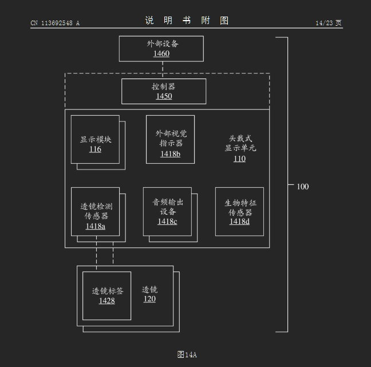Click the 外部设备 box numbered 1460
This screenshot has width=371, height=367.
(x=161, y=49)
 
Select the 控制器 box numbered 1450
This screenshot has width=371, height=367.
(x=164, y=91)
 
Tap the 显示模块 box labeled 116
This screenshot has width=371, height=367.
(x=95, y=140)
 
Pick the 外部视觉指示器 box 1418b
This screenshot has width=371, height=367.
(x=170, y=139)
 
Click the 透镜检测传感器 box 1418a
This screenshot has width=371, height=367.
(x=95, y=212)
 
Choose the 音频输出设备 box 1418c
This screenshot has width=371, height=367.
(x=167, y=211)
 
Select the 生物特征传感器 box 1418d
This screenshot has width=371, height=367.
(x=239, y=211)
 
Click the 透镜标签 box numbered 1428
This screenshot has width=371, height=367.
(x=106, y=295)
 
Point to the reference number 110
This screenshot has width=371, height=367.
(x=239, y=159)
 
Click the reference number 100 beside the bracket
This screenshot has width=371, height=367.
(x=302, y=187)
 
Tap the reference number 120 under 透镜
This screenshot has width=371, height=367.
(x=149, y=299)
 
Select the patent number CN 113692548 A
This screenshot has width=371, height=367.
(x=55, y=23)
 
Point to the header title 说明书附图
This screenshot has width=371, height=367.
(x=187, y=21)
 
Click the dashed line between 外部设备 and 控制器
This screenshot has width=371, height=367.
(x=163, y=67)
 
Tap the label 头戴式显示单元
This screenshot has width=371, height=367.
(x=240, y=143)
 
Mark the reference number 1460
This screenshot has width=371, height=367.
(x=161, y=54)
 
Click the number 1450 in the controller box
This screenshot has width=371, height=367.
(x=164, y=96)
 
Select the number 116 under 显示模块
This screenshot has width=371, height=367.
(x=95, y=149)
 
